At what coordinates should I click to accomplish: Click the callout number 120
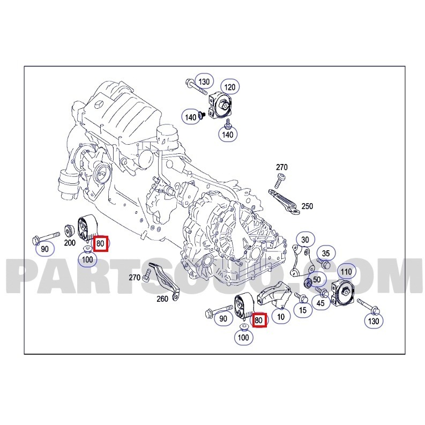coord(230,87)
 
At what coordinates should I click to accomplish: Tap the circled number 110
coord(346,272)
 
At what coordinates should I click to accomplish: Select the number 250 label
coord(307,206)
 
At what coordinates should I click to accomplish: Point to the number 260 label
coord(162,299)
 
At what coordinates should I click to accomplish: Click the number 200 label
coord(70,242)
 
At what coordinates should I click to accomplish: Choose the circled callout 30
coord(305,240)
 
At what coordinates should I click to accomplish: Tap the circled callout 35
coord(326,253)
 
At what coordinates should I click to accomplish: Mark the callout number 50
coord(317,279)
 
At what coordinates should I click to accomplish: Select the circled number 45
coord(320,303)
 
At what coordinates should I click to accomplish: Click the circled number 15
coord(303,310)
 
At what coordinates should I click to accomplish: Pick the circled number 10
coord(281,317)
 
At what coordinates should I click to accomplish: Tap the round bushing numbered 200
coord(69,230)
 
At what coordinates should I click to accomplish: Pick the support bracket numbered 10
coord(274,296)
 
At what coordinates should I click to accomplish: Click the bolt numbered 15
coord(301,297)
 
